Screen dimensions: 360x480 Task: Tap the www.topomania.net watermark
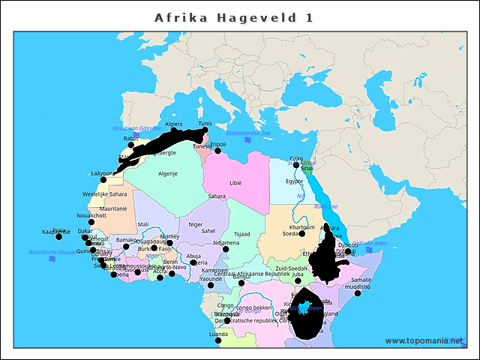tap(424, 341)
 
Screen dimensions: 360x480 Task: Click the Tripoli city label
tap(217, 144)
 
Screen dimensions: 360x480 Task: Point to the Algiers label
tap(173, 124)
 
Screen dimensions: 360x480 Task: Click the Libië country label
tap(235, 182)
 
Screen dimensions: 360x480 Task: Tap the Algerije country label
tap(167, 173)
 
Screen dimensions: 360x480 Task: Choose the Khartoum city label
tap(301, 226)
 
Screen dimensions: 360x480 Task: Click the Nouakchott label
tap(91, 214)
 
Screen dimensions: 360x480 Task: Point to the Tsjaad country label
tap(242, 233)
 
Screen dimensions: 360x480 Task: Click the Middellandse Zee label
tap(247, 133)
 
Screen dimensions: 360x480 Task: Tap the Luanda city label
tap(218, 333)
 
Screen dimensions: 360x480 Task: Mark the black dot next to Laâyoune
tap(103, 180)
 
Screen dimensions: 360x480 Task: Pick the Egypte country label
tap(294, 181)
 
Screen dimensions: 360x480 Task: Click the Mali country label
tap(143, 224)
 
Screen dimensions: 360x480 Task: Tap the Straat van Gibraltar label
tap(136, 128)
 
